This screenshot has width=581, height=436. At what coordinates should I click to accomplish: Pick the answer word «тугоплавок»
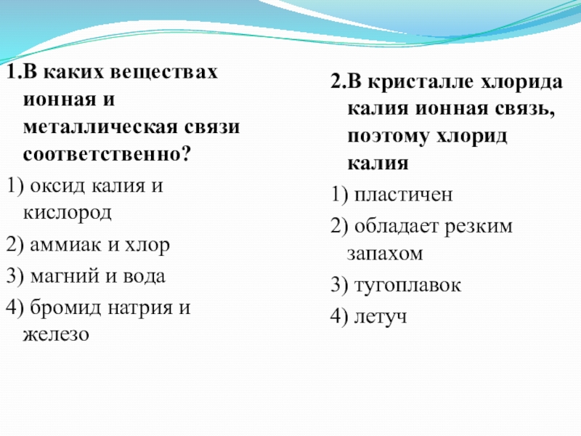[407, 285]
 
